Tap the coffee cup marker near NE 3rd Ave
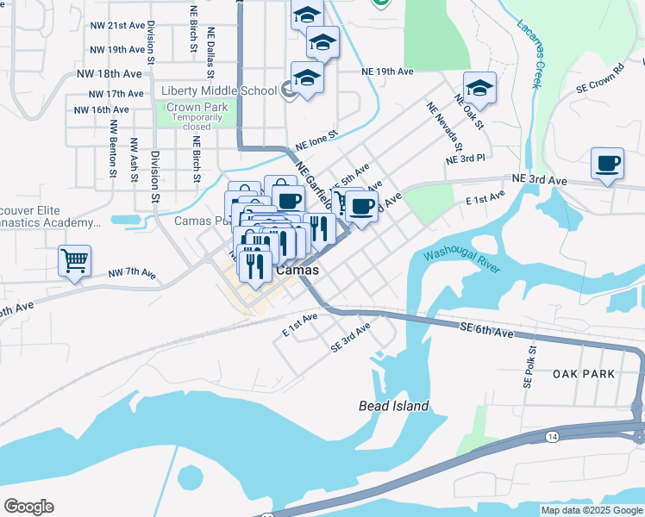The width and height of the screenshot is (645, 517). [x=607, y=163]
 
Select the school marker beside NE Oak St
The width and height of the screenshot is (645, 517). [x=479, y=88]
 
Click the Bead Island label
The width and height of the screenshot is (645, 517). [x=393, y=406]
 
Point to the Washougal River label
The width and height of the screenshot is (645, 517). [x=460, y=261]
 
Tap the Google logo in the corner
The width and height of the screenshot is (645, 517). [x=28, y=507]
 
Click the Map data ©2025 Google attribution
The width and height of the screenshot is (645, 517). [x=592, y=510]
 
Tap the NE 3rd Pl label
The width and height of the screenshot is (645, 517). [x=466, y=160]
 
